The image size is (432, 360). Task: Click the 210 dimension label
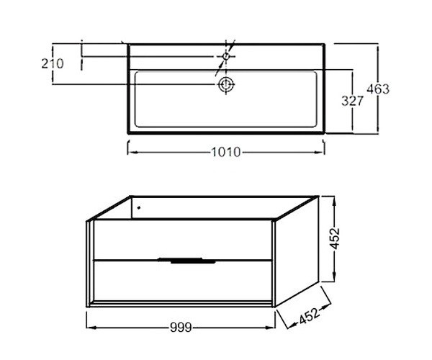tap(53, 63)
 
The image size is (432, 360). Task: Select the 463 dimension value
tap(378, 89)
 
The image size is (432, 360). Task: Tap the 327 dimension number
tap(352, 101)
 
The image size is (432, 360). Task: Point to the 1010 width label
tap(225, 152)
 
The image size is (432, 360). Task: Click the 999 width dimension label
tap(181, 328)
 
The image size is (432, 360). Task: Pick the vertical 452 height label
tap(335, 238)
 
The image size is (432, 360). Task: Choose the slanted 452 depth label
tap(310, 316)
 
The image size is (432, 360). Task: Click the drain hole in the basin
tap(226, 84)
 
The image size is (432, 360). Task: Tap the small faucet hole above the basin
tap(226, 56)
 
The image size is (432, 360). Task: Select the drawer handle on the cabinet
tap(186, 261)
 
